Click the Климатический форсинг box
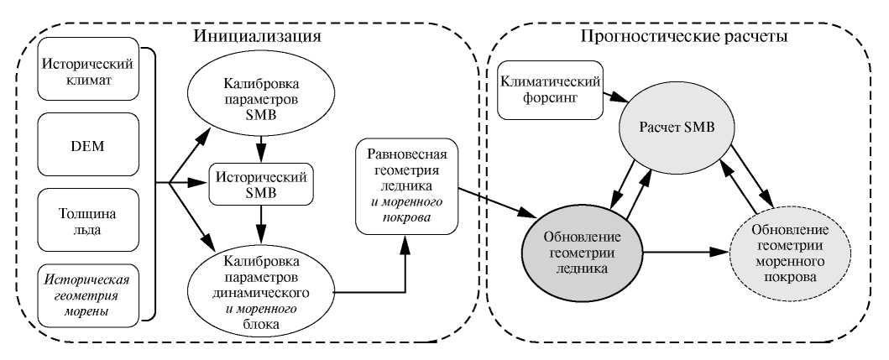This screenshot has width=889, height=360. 549,88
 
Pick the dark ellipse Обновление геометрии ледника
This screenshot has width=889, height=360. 581,249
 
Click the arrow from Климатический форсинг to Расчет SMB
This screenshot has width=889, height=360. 615,96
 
